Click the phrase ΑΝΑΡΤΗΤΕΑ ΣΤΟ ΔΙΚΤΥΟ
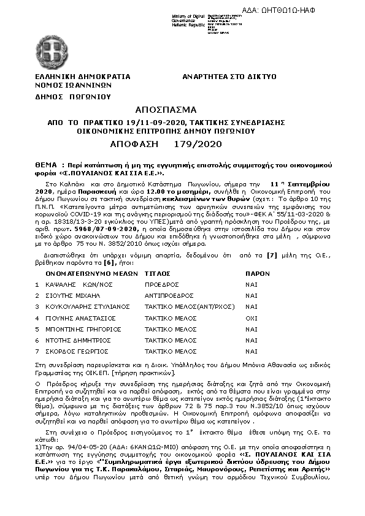click(229, 77)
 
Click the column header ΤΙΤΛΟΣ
click(157, 273)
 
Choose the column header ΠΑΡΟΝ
click(257, 273)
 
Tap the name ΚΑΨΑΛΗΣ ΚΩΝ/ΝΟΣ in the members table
click(74, 285)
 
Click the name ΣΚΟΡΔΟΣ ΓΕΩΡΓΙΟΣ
click(76, 351)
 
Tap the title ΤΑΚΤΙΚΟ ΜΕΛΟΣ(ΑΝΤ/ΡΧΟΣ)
click(185, 307)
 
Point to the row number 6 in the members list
click(37, 340)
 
